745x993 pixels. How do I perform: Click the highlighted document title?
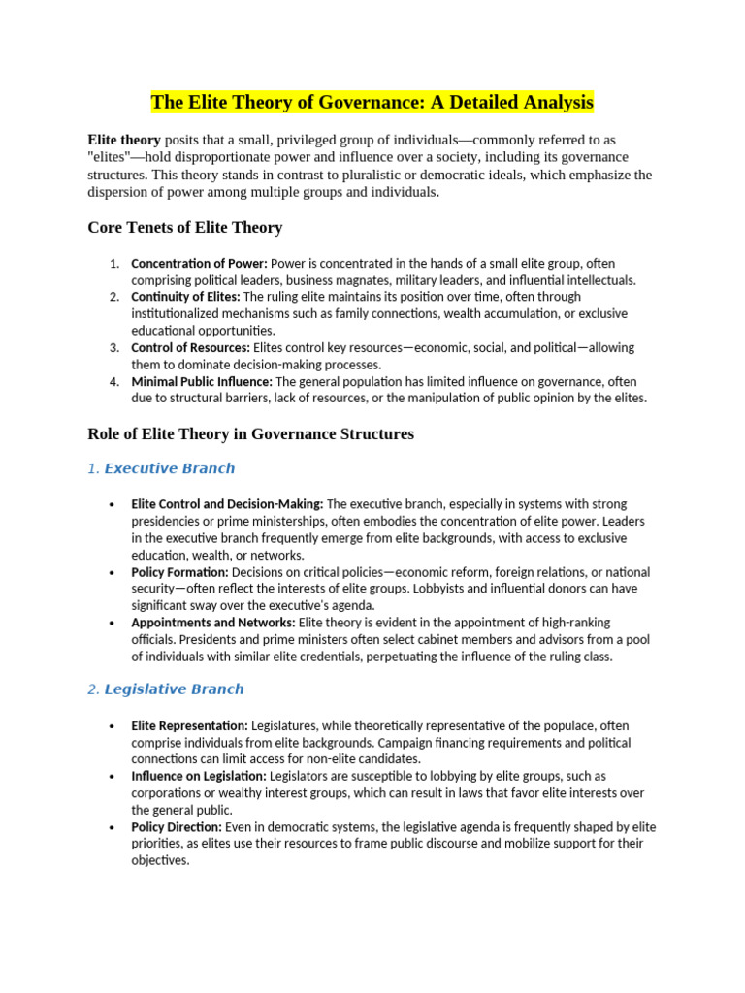click(372, 102)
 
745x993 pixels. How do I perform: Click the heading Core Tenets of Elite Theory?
click(184, 228)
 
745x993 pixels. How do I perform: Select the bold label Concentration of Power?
click(199, 264)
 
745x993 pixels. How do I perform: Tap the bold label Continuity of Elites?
click(185, 297)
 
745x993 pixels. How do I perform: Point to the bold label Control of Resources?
click(190, 347)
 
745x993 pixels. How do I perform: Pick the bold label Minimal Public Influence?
click(202, 382)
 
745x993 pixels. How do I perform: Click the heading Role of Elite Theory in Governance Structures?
click(250, 434)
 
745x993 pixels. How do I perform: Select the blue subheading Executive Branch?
click(169, 468)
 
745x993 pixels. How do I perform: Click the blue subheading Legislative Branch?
click(174, 689)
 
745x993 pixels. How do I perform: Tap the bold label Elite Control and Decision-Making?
click(227, 504)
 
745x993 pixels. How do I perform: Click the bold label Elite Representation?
click(189, 725)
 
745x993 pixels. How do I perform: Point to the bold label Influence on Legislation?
click(198, 776)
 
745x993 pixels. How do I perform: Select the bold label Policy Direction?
click(177, 827)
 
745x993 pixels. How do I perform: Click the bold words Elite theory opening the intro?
click(124, 140)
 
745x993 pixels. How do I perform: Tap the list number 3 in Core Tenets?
click(113, 347)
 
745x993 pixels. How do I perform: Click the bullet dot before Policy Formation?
click(113, 573)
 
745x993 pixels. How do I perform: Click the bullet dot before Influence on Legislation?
click(113, 777)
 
